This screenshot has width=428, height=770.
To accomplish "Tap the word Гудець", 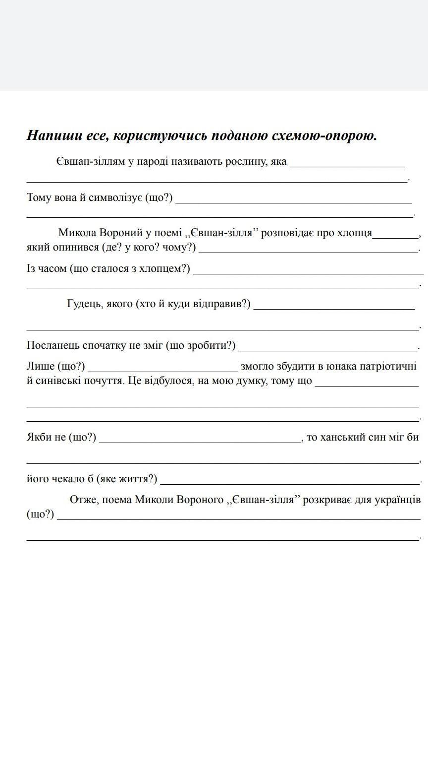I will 83,303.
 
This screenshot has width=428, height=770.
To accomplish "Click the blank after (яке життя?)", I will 290,481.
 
